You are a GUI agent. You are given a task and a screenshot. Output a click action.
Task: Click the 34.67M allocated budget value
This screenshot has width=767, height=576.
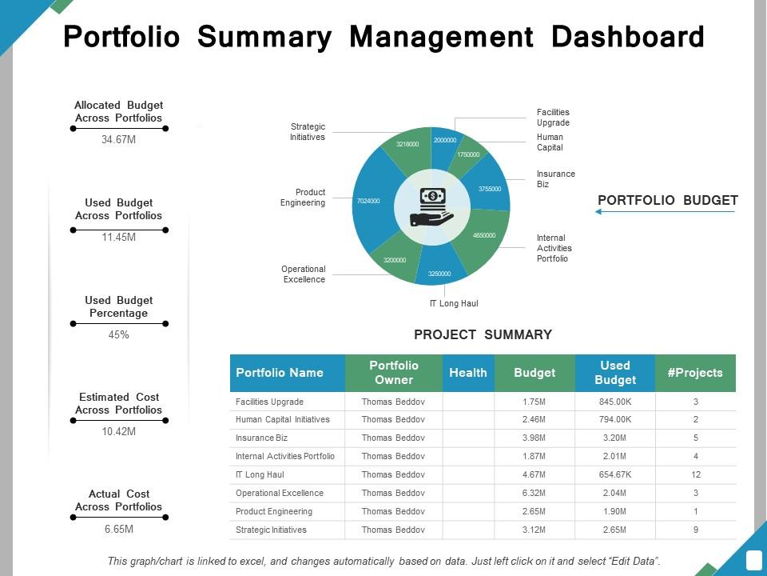click(118, 139)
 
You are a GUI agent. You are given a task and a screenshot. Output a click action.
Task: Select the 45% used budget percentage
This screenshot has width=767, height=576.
click(118, 334)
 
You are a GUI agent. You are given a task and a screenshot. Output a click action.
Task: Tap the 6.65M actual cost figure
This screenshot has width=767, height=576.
click(118, 529)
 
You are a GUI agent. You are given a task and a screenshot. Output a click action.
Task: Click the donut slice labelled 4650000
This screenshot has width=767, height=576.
click(484, 235)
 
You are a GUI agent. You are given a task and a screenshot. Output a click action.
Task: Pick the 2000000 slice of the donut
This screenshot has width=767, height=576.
click(444, 142)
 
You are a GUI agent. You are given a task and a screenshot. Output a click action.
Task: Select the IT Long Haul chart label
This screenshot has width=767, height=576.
click(453, 303)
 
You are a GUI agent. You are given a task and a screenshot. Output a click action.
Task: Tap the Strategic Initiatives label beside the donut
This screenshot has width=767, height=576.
click(308, 132)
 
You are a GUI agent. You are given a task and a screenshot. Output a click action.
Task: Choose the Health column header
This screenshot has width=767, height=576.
click(468, 373)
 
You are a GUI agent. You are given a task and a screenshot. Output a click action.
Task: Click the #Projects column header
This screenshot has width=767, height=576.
click(695, 373)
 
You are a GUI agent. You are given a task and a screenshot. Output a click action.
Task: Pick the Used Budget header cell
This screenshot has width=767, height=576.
click(615, 373)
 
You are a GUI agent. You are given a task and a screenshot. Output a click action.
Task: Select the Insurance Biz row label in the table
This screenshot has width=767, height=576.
click(261, 438)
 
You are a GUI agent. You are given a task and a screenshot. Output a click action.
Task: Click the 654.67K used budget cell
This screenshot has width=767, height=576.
click(615, 474)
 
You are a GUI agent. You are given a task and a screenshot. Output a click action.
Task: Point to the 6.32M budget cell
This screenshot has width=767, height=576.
click(535, 493)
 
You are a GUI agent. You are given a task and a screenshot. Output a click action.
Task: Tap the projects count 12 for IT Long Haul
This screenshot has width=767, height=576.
click(695, 474)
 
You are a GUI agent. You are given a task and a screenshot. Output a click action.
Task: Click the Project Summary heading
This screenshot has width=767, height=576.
click(483, 334)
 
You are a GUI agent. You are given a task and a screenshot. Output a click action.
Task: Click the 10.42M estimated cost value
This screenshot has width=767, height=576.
click(118, 431)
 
